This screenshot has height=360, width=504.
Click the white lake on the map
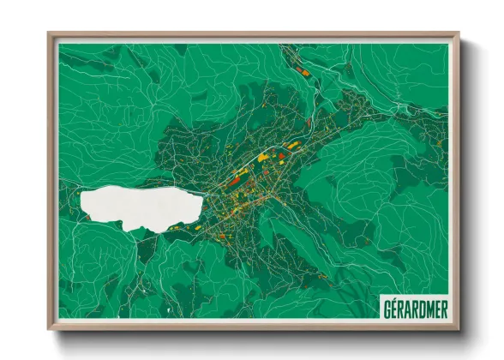coord(137,206)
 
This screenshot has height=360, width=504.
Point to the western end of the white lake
coord(81,203)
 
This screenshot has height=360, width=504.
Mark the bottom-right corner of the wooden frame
coord(458,328)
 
